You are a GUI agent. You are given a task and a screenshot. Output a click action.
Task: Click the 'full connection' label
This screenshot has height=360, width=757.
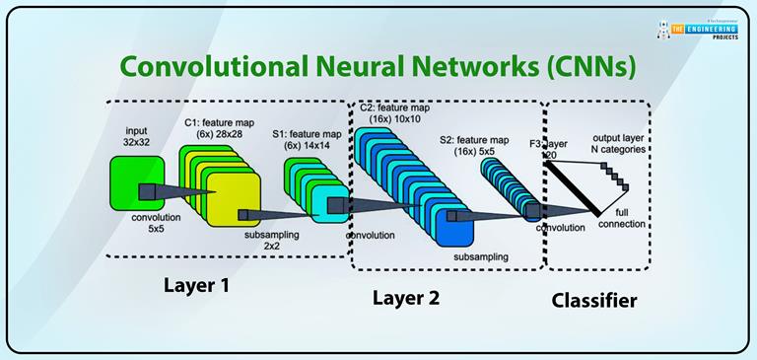point(623,218)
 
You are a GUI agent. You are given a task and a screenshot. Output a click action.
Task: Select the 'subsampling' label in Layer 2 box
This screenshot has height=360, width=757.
point(481,256)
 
